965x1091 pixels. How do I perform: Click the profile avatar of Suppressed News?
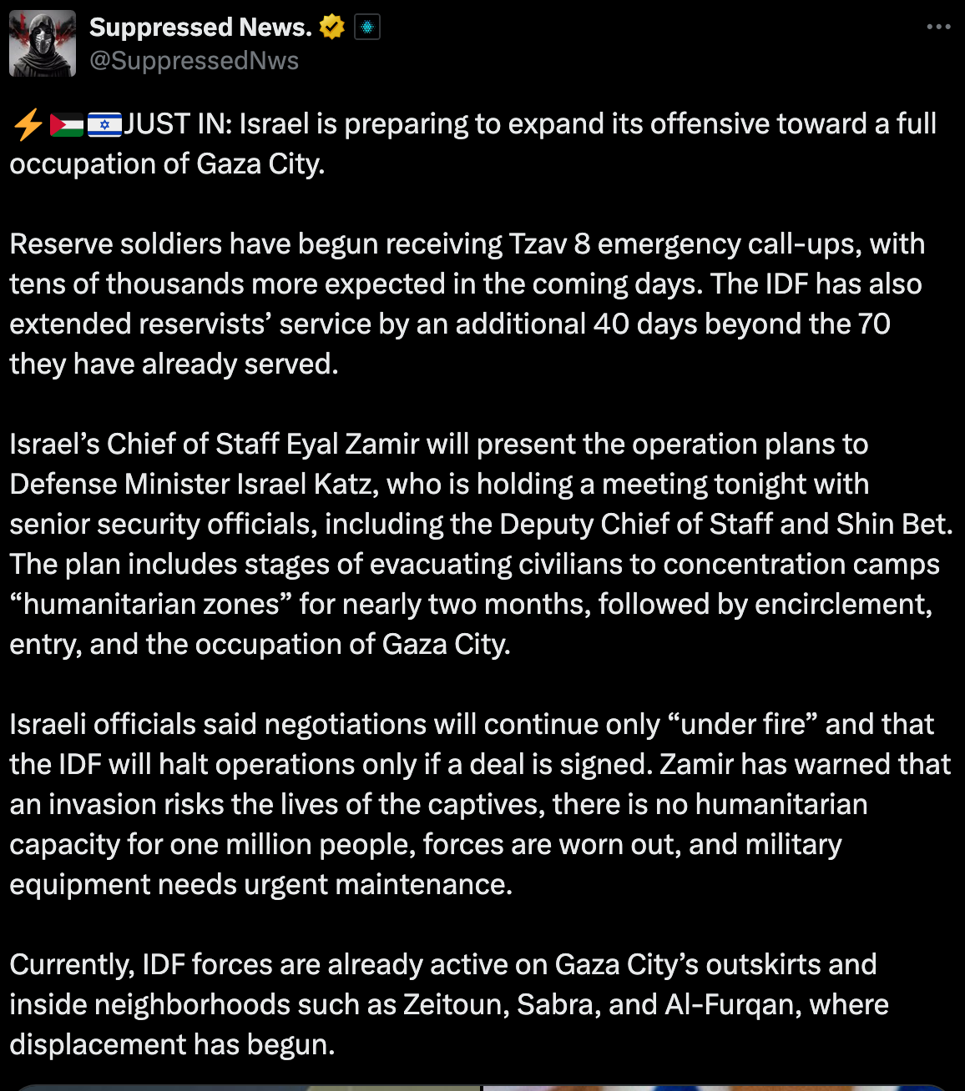(x=43, y=44)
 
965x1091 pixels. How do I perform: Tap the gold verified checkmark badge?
(x=331, y=28)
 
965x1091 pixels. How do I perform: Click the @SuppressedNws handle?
(x=194, y=61)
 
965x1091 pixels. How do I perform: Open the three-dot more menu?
(x=938, y=28)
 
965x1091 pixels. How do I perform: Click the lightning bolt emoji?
(x=28, y=125)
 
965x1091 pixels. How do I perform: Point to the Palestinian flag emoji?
(x=67, y=125)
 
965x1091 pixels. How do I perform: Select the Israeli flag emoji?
(x=104, y=125)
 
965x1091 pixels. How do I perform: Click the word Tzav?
(x=538, y=244)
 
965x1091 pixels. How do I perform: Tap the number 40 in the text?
(x=612, y=324)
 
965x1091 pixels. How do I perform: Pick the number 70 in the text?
(x=874, y=324)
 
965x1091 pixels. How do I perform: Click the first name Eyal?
(x=312, y=445)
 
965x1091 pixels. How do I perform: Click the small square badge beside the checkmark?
(x=367, y=28)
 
